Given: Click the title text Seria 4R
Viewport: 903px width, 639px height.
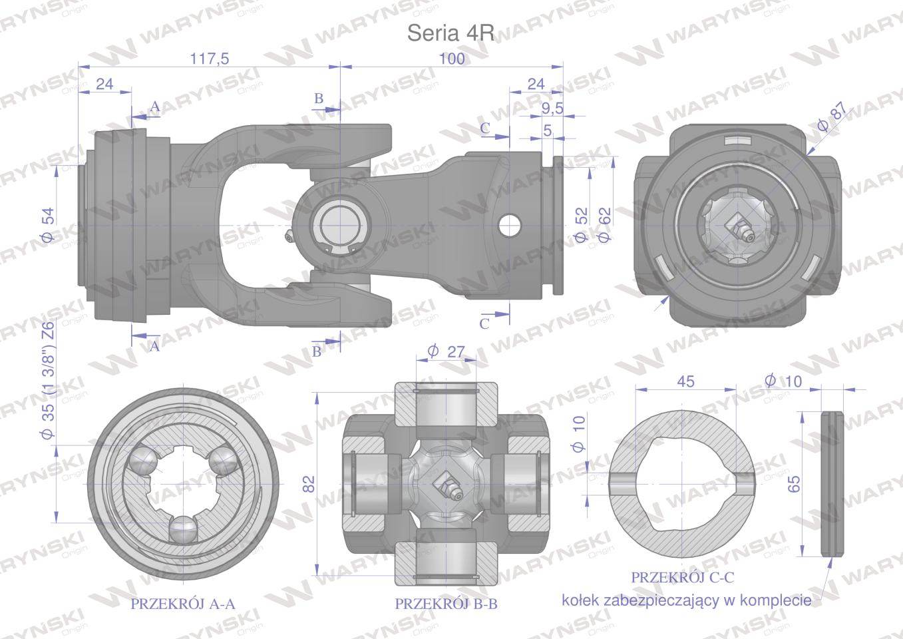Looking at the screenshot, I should (451, 34).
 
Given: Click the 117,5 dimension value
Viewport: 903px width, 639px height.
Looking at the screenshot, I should (210, 59).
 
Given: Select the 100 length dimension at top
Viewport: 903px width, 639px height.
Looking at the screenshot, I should (452, 59).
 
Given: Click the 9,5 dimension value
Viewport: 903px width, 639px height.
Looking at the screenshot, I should (552, 108).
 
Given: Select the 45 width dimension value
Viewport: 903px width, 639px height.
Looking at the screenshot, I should (685, 381).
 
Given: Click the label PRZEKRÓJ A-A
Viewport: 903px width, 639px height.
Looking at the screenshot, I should (183, 604).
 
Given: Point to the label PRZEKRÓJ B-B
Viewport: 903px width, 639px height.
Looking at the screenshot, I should (447, 604).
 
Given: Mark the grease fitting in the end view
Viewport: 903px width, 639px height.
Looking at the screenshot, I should (741, 227).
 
